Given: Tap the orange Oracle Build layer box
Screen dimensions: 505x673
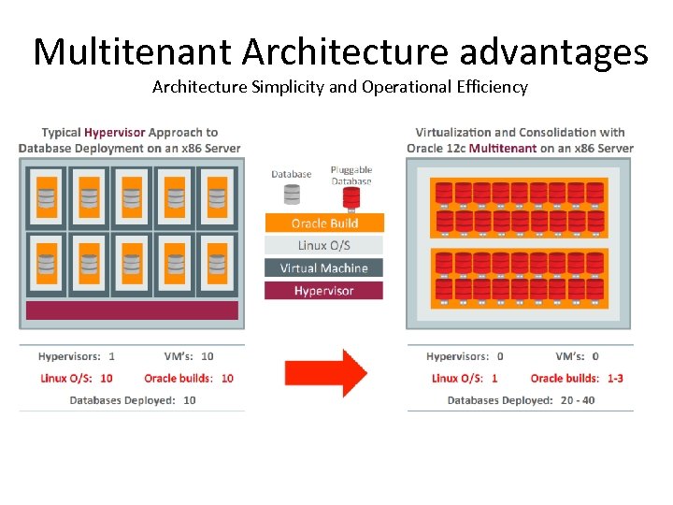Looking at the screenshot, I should point(324,223).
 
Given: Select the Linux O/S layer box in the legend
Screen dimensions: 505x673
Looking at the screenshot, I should point(324,245).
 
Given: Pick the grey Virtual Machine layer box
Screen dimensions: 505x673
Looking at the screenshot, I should point(324,267).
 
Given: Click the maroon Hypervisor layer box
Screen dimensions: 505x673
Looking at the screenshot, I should point(324,291).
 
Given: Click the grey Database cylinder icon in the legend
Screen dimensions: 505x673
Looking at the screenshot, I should point(292,193).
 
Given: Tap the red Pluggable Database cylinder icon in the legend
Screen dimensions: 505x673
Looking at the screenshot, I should point(351,196).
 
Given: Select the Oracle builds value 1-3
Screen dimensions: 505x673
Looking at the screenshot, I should point(615,378).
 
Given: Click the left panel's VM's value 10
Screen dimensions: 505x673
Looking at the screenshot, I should point(207,356).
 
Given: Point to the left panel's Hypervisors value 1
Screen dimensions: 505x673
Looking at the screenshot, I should point(112,356).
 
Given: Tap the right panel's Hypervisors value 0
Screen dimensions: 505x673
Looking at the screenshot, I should point(500,356).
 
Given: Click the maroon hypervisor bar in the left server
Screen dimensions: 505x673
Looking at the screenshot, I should point(132,310).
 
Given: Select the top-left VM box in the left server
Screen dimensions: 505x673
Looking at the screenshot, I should point(46,197).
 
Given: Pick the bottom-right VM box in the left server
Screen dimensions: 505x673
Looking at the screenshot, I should point(217,263).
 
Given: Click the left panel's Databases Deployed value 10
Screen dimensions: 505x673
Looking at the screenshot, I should point(190,400).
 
